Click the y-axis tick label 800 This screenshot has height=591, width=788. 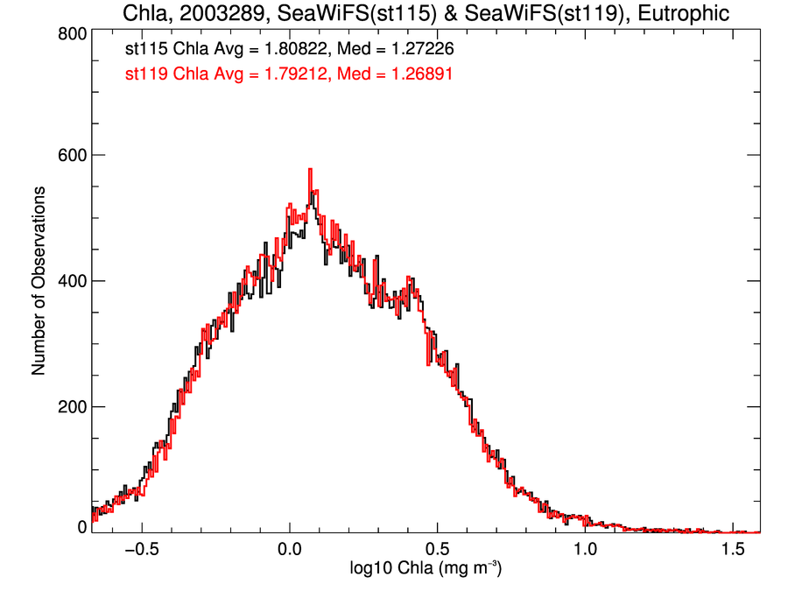[x=71, y=34]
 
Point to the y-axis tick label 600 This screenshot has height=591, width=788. [x=71, y=155]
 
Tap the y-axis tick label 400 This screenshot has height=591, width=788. [x=71, y=281]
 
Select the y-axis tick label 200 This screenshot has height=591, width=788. [x=71, y=407]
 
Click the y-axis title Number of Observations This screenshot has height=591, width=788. [x=39, y=281]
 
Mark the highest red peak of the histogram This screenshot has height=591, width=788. [x=310, y=170]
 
